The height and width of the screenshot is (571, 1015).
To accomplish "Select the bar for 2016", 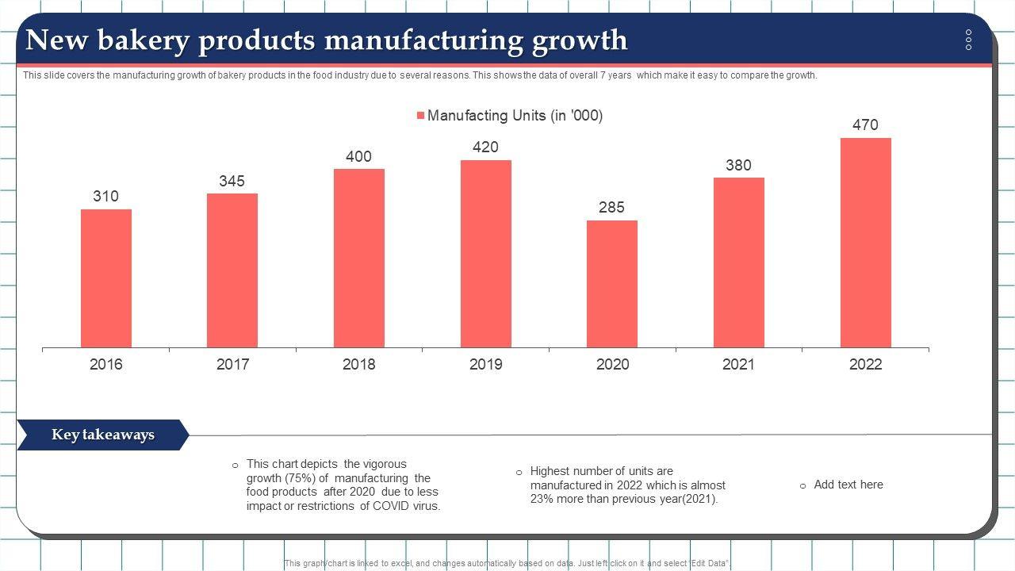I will pos(105,278).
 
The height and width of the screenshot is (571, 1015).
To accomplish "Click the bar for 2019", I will pos(485,254).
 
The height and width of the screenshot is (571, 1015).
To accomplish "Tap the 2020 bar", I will pos(612,284).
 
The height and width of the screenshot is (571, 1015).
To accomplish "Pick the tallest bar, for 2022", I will pos(865,243).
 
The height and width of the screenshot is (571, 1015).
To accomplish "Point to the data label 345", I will pos(232,182).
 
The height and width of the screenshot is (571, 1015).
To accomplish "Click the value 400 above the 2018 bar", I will pos(358,157).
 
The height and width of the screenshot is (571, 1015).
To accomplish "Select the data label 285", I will pos(611,208).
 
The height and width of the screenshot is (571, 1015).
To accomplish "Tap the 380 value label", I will pos(738,166).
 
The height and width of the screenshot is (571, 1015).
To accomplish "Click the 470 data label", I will pos(865,125).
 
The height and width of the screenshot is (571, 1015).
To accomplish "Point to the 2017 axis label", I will pos(232,365).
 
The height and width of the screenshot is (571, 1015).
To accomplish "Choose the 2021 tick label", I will pos(738,365).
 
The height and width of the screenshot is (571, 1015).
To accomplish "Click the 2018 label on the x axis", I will pos(358,365).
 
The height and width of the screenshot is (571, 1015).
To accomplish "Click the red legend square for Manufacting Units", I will pos(421,116).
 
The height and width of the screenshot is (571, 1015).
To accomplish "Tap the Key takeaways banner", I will pos(102,435).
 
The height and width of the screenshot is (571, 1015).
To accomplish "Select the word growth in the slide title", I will pos(580,40).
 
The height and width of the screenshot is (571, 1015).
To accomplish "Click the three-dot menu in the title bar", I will pos(968,40).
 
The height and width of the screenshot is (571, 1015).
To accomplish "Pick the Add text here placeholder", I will pos(848,485).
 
